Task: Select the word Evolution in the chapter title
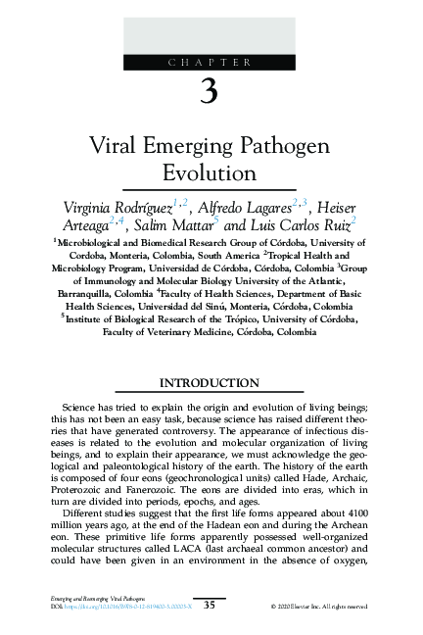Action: coord(209,173)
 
